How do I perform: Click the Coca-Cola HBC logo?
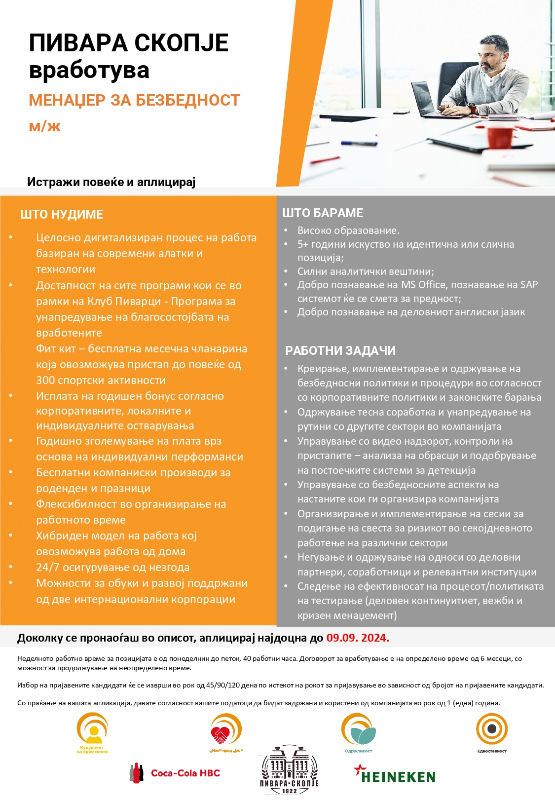pos(176,773)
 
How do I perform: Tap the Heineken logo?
pos(395,775)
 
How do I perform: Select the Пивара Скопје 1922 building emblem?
pos(289,770)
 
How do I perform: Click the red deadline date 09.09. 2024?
pos(358,638)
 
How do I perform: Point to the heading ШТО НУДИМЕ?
pos(62,215)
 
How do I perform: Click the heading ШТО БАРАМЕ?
pos(323,213)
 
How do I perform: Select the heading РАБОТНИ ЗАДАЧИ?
pos(340,350)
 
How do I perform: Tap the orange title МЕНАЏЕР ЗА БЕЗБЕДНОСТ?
pos(134,100)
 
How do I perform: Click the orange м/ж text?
pos(44,126)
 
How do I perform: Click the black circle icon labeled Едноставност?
pos(492,728)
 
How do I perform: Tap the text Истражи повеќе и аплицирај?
pos(111,182)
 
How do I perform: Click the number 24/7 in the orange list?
pos(48,568)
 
